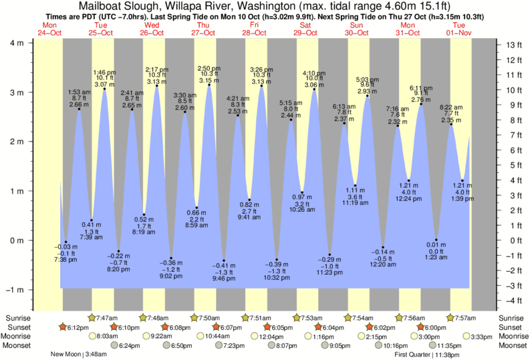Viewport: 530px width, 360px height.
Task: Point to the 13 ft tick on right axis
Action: pyautogui.click(x=514, y=45)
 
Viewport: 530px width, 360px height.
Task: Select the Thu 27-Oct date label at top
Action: pyautogui.click(x=204, y=29)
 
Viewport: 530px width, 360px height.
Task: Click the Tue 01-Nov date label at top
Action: pyautogui.click(x=460, y=29)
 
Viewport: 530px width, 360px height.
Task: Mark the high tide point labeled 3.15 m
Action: pyautogui.click(x=210, y=85)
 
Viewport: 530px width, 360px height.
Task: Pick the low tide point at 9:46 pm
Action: pyautogui.click(x=224, y=260)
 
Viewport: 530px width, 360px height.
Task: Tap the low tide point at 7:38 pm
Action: pyautogui.click(x=65, y=242)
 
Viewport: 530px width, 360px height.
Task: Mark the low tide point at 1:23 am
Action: pyautogui.click(x=436, y=239)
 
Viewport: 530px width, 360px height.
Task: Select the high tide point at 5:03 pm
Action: pyautogui.click(x=368, y=96)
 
